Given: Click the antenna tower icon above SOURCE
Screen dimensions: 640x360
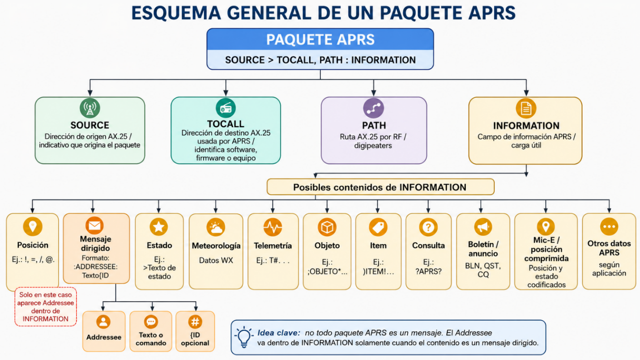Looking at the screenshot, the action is click(90, 108).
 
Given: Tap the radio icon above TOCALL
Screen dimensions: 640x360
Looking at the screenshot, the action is click(226, 108).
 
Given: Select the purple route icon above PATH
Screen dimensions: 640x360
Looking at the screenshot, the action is click(373, 108).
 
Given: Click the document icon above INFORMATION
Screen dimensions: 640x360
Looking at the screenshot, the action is click(526, 108).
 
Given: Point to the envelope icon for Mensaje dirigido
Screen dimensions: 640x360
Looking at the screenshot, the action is click(94, 225).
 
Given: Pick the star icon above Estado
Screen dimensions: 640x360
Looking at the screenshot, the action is click(159, 227).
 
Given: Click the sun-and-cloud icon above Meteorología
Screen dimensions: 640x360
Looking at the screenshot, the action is click(216, 227).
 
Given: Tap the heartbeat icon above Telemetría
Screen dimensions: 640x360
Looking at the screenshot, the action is click(273, 227).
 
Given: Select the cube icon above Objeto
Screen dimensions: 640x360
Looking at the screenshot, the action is click(327, 227).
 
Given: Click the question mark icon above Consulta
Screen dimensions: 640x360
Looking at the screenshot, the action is click(428, 227).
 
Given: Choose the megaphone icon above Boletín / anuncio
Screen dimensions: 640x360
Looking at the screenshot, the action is click(483, 227).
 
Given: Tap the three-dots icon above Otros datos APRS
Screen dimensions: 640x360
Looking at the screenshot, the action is click(609, 227).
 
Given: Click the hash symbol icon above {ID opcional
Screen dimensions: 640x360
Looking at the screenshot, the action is click(195, 322).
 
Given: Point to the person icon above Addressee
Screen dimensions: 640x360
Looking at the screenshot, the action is click(103, 322).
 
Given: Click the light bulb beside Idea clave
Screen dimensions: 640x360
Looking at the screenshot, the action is click(244, 337).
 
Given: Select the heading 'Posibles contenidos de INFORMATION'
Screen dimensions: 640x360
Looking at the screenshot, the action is click(380, 187).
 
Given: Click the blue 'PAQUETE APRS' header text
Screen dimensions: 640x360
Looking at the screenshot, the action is click(320, 39).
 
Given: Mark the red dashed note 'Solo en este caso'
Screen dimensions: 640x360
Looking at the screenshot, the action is click(46, 307).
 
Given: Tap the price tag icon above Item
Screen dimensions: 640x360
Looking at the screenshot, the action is click(378, 227).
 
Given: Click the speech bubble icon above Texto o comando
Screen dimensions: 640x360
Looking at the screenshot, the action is click(151, 322).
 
